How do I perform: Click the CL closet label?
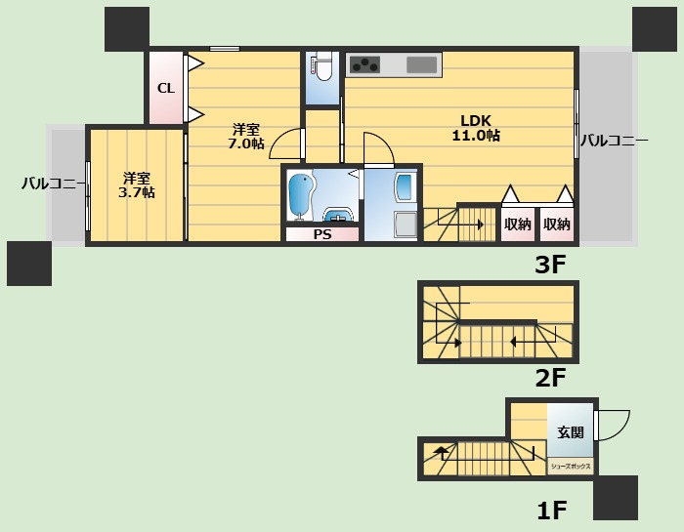click(166, 89)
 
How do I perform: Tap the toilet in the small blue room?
click(323, 66)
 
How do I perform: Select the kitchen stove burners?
click(365, 65)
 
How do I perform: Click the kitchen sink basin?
click(422, 65)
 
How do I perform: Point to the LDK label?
click(476, 120)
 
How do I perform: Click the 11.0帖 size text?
click(476, 136)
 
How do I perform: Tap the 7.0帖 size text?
click(246, 143)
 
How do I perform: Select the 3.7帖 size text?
click(137, 192)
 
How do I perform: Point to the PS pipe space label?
click(322, 234)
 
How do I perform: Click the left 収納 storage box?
click(518, 225)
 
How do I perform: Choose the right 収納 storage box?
click(557, 225)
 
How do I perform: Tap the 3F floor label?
click(550, 265)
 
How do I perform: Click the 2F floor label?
click(550, 378)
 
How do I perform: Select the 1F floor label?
click(551, 511)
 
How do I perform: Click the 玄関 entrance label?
click(570, 432)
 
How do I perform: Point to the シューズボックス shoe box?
click(570, 467)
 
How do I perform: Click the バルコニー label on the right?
click(615, 141)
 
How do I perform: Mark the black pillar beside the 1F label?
click(616, 498)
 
